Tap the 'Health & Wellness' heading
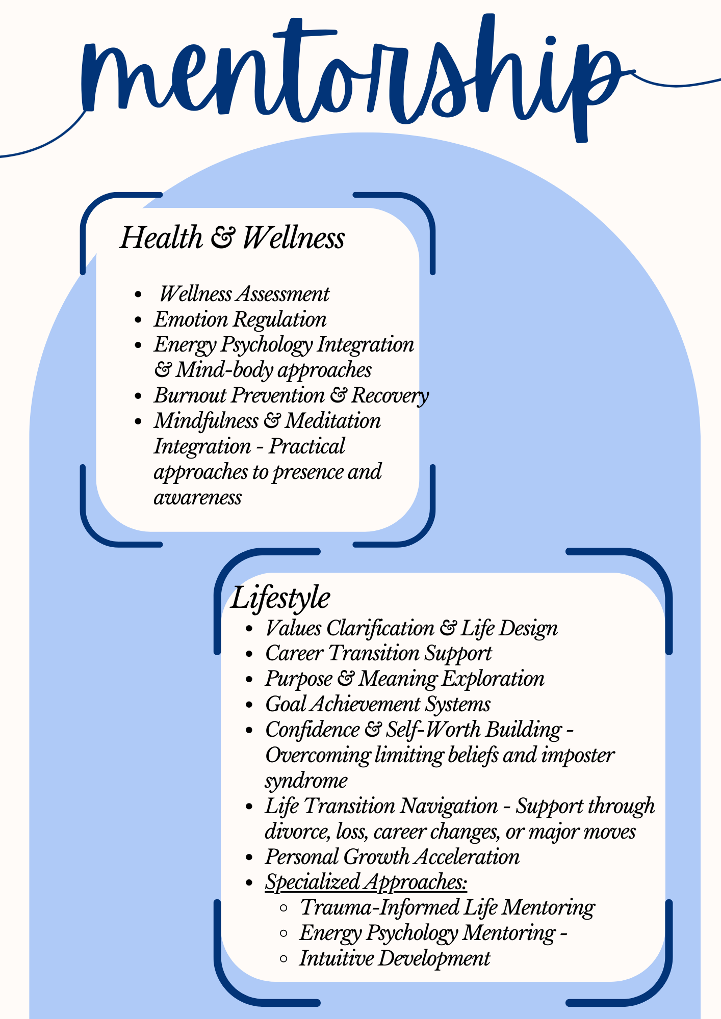pyautogui.click(x=232, y=238)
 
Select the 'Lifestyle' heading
pyautogui.click(x=280, y=598)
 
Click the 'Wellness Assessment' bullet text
pyautogui.click(x=244, y=294)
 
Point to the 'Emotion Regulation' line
pyautogui.click(x=240, y=320)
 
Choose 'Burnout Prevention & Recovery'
pyautogui.click(x=291, y=396)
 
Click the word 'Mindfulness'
pyautogui.click(x=206, y=421)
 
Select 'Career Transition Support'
pyautogui.click(x=378, y=654)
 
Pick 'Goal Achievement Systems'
pyautogui.click(x=378, y=705)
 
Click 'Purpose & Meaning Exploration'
pyautogui.click(x=405, y=679)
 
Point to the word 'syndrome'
pyautogui.click(x=306, y=781)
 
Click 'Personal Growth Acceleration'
pyautogui.click(x=392, y=857)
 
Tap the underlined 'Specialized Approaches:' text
pyautogui.click(x=366, y=882)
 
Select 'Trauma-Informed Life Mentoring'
pyautogui.click(x=447, y=908)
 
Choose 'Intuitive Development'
pyautogui.click(x=394, y=958)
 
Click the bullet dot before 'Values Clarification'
pyautogui.click(x=249, y=630)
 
